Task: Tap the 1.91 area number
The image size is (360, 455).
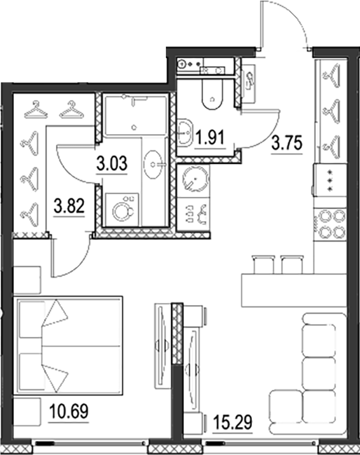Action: pos(209,136)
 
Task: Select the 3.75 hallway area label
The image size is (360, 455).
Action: pos(286,144)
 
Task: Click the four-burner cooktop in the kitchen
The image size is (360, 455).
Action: pos(330,223)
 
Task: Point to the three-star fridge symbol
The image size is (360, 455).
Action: pos(330,182)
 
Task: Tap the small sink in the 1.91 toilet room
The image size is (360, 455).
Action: pos(184,132)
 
